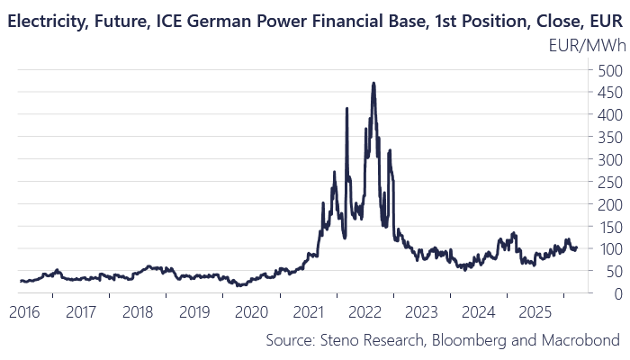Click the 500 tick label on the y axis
(x=610, y=71)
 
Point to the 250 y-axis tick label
(x=610, y=183)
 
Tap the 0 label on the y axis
(x=618, y=294)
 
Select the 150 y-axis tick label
(x=610, y=228)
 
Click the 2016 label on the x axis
(x=24, y=312)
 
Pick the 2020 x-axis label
(x=251, y=312)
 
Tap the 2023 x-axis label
(x=421, y=312)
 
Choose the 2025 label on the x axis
(x=535, y=312)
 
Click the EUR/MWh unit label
(x=587, y=46)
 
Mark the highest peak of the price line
(x=373, y=83)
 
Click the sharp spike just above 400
(x=346, y=108)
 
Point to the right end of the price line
(x=577, y=247)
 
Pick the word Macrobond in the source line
(x=580, y=340)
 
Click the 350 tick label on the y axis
(x=610, y=139)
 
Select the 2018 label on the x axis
(x=138, y=312)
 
